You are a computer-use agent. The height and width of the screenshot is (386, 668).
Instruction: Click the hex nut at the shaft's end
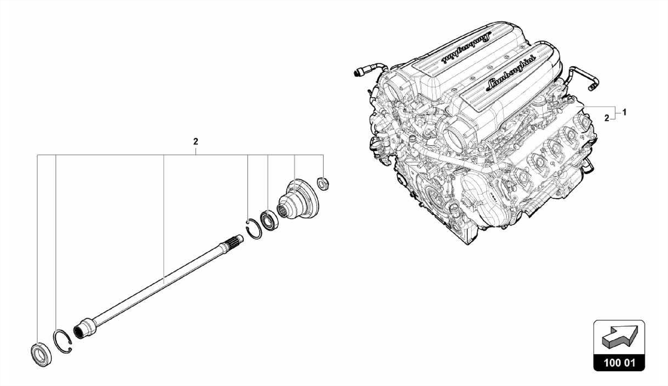coord(323,183)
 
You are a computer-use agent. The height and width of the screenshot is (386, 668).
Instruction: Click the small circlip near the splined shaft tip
coord(248,222)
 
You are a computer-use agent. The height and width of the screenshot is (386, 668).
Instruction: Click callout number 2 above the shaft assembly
coord(195,142)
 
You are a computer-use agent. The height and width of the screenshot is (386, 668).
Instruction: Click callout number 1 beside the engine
coord(624,113)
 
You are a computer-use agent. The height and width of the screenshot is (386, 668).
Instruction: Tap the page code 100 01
coord(619,363)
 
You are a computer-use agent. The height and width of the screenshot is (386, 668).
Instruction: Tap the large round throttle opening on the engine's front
coord(457,134)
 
